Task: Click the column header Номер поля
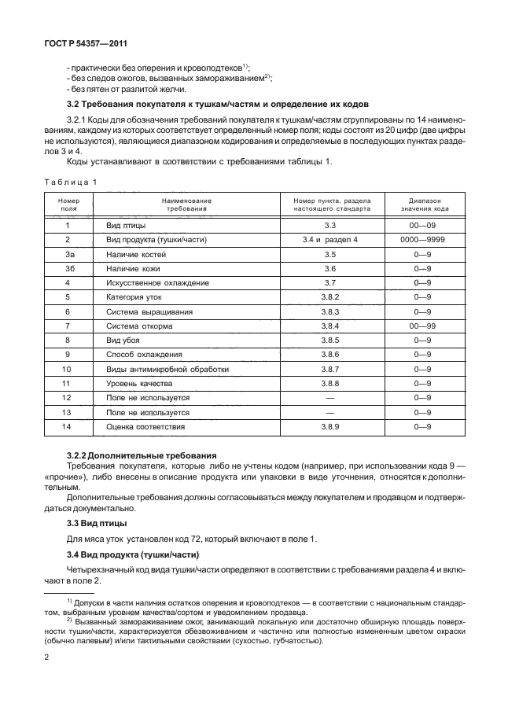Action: pyautogui.click(x=68, y=205)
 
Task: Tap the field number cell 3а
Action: pyautogui.click(x=68, y=255)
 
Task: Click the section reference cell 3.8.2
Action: pyautogui.click(x=329, y=297)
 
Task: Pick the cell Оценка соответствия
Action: pyautogui.click(x=145, y=426)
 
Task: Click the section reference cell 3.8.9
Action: pyautogui.click(x=329, y=426)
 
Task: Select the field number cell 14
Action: pyautogui.click(x=68, y=426)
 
